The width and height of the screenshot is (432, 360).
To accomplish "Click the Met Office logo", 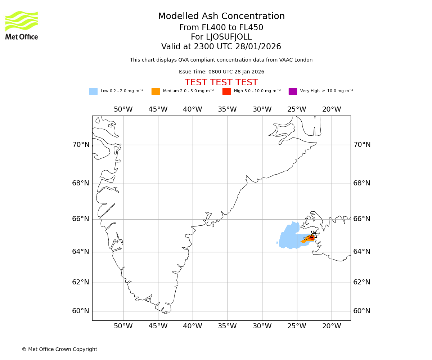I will click(x=22, y=25).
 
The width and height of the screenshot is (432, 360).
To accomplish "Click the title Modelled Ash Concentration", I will click(x=221, y=17).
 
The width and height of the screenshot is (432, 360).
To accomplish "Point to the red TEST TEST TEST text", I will click(x=221, y=82).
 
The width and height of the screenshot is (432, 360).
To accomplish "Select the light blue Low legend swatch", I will click(x=93, y=91).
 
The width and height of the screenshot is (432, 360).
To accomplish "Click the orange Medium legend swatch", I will click(x=156, y=91).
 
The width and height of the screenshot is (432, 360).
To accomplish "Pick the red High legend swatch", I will click(x=226, y=91).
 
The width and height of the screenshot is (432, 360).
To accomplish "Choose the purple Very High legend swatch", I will click(x=293, y=91).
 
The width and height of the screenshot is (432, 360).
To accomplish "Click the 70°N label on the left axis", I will click(x=81, y=145).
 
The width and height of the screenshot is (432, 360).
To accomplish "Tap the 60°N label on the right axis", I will click(x=362, y=311).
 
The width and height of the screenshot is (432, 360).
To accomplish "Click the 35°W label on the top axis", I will click(x=227, y=109).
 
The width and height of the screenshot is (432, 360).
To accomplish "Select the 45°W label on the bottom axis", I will click(x=158, y=326).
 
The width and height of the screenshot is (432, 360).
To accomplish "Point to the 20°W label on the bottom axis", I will click(x=332, y=326).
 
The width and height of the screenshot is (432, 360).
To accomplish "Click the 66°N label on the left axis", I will click(x=81, y=219).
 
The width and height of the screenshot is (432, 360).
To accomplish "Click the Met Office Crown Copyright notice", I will click(x=59, y=349).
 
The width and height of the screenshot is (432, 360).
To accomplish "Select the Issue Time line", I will click(x=221, y=72).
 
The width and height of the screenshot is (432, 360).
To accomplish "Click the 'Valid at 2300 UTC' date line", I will click(x=221, y=47).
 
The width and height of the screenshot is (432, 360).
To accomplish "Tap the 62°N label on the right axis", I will click(x=362, y=282).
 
